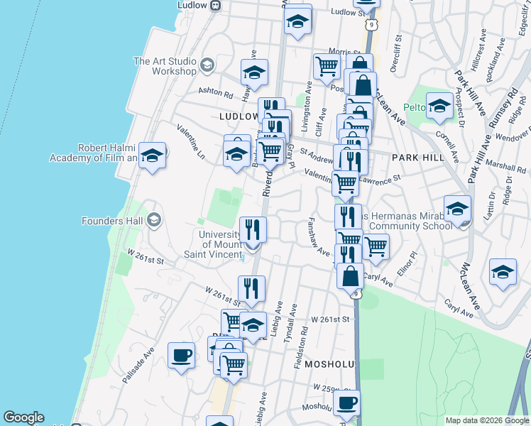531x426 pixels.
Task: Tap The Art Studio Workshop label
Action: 165,66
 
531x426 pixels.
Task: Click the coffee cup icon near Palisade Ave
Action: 181,354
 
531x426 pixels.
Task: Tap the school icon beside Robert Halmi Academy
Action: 152,155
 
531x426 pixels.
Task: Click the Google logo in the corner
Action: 23,417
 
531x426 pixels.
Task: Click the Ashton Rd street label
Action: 215,93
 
